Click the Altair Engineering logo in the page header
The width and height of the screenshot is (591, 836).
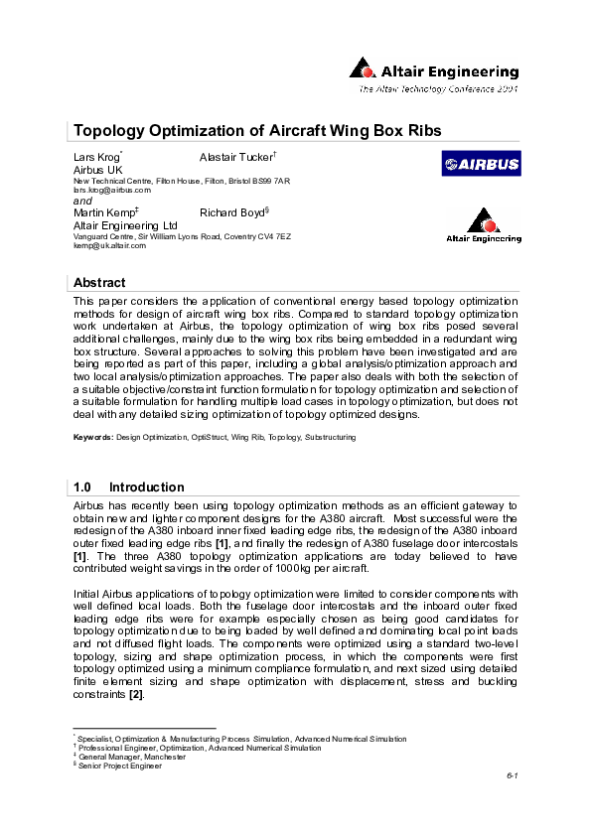(434, 70)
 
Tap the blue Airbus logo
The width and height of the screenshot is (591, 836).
(481, 166)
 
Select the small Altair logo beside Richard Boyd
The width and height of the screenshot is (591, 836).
(482, 226)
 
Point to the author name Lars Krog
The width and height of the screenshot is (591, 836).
(96, 158)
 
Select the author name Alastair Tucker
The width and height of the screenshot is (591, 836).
(236, 158)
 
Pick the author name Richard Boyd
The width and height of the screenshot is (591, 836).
(233, 213)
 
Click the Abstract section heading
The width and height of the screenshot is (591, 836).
(99, 283)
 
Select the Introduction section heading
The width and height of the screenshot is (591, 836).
(146, 488)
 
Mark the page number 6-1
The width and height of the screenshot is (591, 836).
(512, 776)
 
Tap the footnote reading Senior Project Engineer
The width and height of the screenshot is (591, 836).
(120, 766)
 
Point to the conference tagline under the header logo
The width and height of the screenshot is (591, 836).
(438, 89)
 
